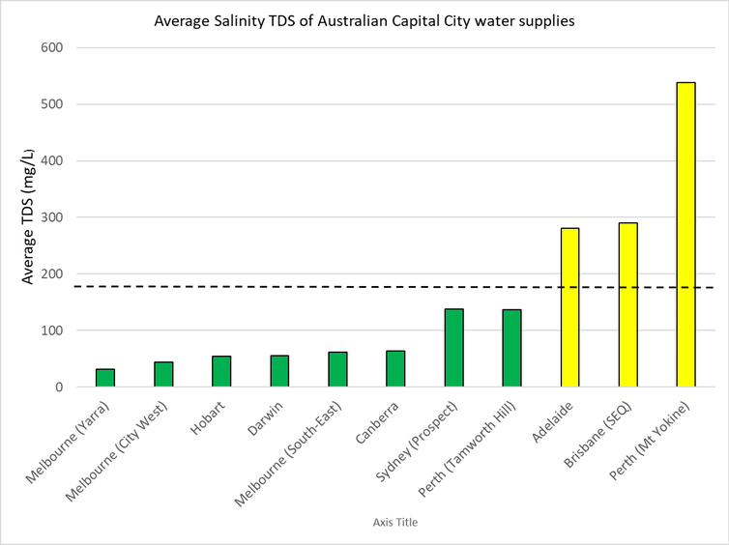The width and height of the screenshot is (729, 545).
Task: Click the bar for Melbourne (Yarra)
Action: click(105, 378)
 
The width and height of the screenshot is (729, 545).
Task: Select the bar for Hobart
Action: click(221, 372)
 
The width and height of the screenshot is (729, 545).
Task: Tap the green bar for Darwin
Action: click(279, 371)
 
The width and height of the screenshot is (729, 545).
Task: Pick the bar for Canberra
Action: click(395, 369)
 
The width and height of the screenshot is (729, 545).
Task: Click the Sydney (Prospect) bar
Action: click(453, 348)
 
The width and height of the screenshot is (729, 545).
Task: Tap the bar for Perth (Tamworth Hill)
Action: click(511, 348)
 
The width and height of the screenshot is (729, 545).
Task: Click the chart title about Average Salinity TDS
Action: click(364, 20)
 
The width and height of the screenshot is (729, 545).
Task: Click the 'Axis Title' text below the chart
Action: click(394, 523)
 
